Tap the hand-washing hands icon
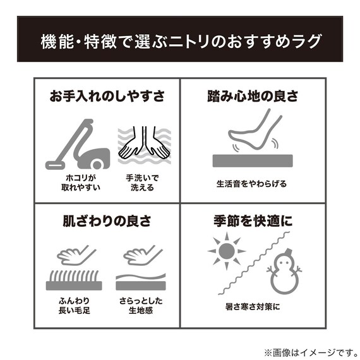point(145,145)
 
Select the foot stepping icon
point(255,129)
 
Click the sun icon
point(227,251)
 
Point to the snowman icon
point(284,272)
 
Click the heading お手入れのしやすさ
point(107,96)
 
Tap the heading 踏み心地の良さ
point(253,96)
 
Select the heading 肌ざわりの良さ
point(107,221)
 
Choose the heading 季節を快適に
point(253,221)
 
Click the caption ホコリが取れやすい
point(81,183)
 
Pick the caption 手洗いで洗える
point(142,183)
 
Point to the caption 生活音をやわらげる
point(252,184)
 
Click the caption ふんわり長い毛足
point(74,306)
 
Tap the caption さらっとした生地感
point(141,306)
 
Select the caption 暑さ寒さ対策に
point(253,306)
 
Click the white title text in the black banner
point(181,42)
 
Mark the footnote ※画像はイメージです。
point(311,352)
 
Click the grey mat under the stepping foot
point(253,160)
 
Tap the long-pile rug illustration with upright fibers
point(74,280)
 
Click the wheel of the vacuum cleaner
point(97,164)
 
